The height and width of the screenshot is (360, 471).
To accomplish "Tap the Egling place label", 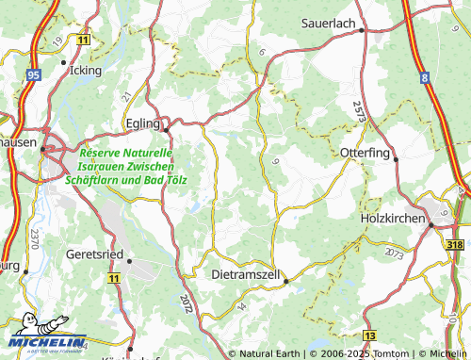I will click(144, 123).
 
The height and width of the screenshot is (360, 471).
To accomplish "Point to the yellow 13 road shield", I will click(370, 335).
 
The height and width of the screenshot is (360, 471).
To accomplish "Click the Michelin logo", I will click(44, 341).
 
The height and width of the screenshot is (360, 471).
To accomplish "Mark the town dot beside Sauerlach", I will click(362, 30).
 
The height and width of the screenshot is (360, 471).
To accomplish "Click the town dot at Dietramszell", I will click(286, 279).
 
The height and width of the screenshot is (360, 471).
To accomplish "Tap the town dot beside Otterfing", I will click(397, 159).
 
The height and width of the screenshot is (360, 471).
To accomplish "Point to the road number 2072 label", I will click(186, 303).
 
